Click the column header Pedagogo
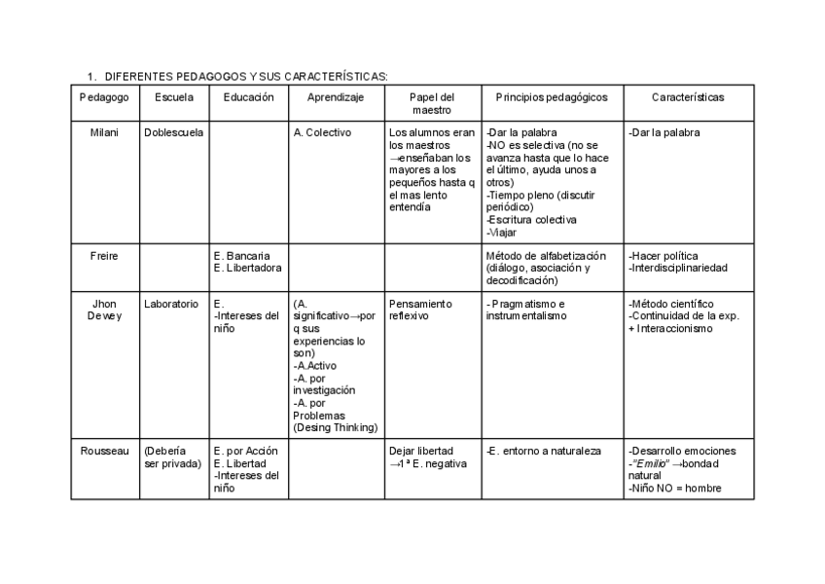coord(103,97)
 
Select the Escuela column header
coord(173,97)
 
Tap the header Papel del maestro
coord(432,103)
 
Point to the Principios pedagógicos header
coord(551,97)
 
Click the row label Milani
coord(103,132)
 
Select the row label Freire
coord(103,256)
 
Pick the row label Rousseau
coord(103,451)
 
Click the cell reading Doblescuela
coord(173,132)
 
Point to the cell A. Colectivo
coord(322,132)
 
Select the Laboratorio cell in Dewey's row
coord(171,304)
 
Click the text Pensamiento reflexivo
coord(420,310)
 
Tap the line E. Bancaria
coord(242,256)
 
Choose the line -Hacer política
coord(664,256)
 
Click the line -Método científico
coord(670,304)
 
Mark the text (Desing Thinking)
coord(335,427)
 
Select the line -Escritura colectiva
coord(531,220)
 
